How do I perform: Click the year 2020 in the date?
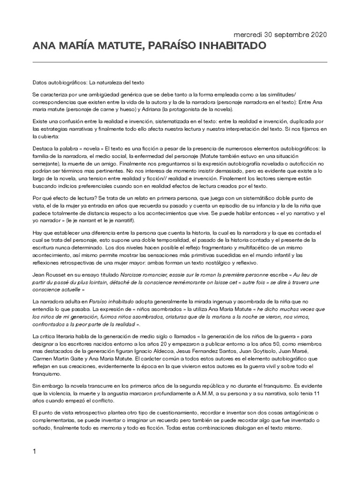pyautogui.click(x=318, y=35)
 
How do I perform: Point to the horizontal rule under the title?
pyautogui.click(x=180, y=62)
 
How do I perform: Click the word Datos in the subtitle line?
pyautogui.click(x=40, y=82)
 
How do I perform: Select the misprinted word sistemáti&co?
pyautogui.click(x=268, y=198)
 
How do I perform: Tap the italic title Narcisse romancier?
pyautogui.click(x=142, y=276)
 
